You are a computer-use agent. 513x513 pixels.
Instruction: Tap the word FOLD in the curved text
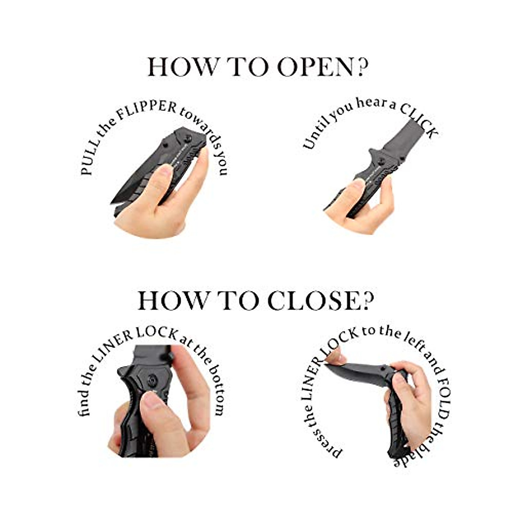(444, 405)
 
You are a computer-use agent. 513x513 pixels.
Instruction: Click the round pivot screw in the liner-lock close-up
(152, 381)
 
